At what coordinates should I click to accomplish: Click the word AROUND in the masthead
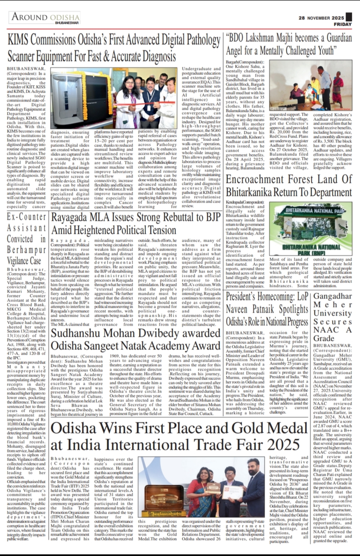[x=29, y=16]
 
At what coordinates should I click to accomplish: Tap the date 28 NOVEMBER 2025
[x=321, y=18]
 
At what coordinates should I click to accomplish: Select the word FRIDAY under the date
[x=343, y=24]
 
